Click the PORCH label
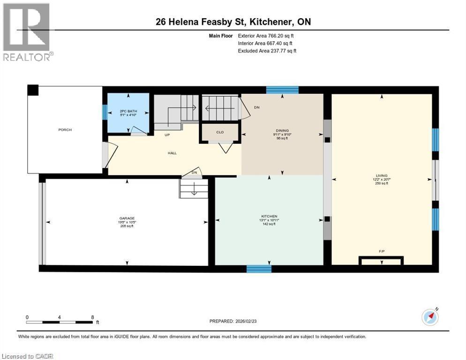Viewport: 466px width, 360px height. [x=65, y=130]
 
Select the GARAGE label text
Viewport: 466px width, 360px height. [x=127, y=218]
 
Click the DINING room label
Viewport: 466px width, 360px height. [x=282, y=131]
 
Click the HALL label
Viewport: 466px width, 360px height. [x=173, y=153]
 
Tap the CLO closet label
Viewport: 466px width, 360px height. [x=220, y=132]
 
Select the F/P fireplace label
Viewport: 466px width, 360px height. [x=382, y=252]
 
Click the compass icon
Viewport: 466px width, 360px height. [x=430, y=317]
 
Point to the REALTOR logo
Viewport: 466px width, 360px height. [x=27, y=31]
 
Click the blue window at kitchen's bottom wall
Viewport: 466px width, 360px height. [x=259, y=269]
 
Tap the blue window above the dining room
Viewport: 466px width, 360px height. [x=282, y=90]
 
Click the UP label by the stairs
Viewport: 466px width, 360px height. [x=166, y=135]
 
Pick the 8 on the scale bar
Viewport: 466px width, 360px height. [x=92, y=317]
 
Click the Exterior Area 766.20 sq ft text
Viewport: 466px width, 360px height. [x=266, y=36]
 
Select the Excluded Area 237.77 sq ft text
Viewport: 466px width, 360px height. [x=267, y=51]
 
